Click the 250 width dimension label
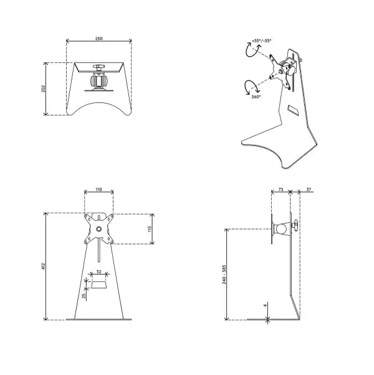98,39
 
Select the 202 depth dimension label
43,89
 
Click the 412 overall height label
43,266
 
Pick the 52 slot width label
98,272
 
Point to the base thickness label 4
264,306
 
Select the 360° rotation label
256,97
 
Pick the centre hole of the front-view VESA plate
98,229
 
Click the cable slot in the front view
98,286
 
